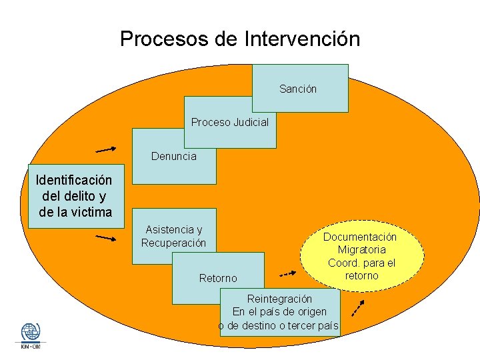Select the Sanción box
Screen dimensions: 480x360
pyautogui.click(x=300, y=88)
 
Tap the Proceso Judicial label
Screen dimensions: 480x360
pyautogui.click(x=230, y=122)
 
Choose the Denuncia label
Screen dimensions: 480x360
pyautogui.click(x=174, y=157)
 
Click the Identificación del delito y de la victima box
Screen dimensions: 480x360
pyautogui.click(x=75, y=196)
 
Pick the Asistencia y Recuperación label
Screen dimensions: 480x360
pyautogui.click(x=173, y=236)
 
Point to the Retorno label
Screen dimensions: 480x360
pyautogui.click(x=218, y=277)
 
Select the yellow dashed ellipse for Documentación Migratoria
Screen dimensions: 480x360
pyautogui.click(x=361, y=256)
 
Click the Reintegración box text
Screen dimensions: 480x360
pyautogui.click(x=279, y=312)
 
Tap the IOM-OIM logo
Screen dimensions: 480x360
pyautogui.click(x=30, y=335)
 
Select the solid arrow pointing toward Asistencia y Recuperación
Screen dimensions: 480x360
pyautogui.click(x=106, y=237)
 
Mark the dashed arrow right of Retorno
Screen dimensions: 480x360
pyautogui.click(x=287, y=273)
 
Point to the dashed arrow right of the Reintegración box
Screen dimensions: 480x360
pyautogui.click(x=358, y=307)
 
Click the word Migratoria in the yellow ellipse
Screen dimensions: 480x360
pyautogui.click(x=361, y=250)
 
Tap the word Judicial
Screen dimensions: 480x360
pyautogui.click(x=249, y=122)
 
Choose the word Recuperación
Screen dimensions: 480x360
pyautogui.click(x=173, y=243)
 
